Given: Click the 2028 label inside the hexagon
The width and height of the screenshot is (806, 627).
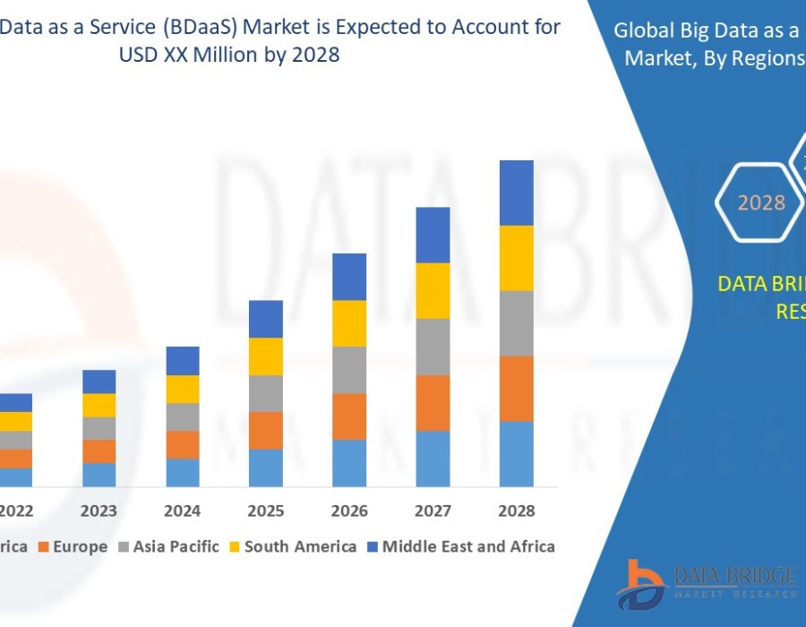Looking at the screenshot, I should tap(761, 202).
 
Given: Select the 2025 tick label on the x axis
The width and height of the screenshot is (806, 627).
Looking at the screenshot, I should tap(266, 511).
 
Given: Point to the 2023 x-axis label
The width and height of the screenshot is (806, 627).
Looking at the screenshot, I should tap(99, 511).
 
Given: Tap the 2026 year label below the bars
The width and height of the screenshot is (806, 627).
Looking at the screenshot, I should tap(349, 511).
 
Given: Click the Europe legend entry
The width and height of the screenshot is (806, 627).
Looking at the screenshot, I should tap(80, 546).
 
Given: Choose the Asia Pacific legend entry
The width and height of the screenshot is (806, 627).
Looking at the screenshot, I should tap(176, 546).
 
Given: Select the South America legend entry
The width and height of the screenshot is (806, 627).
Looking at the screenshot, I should tap(300, 546).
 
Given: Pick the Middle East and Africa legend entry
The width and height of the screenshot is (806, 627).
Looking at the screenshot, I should tap(468, 546).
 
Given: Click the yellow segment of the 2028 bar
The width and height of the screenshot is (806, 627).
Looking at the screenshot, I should tap(516, 258).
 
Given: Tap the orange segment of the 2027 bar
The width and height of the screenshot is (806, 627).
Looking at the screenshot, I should tap(433, 402).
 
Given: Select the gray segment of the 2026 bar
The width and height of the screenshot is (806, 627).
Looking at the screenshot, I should tap(349, 370).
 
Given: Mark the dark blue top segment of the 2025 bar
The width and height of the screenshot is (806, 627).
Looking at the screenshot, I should tap(266, 319).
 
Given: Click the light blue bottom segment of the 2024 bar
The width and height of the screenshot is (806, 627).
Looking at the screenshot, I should tap(183, 472).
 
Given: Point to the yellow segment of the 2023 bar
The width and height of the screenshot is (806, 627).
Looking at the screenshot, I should tap(99, 405).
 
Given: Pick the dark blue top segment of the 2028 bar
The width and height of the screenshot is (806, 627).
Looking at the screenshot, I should tap(516, 193).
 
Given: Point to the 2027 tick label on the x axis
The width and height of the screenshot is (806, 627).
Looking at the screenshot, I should tap(433, 511).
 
